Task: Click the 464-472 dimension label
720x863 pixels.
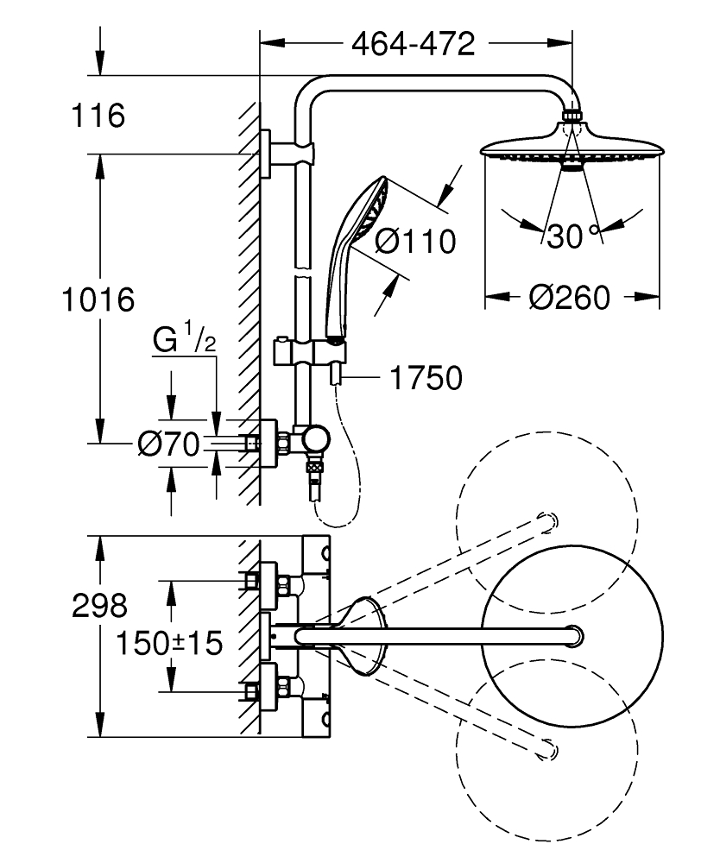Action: (413, 44)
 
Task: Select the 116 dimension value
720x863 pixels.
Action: (99, 116)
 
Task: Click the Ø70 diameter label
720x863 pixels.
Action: (168, 444)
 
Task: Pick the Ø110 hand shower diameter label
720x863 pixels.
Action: (415, 242)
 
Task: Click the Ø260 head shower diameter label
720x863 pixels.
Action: (569, 298)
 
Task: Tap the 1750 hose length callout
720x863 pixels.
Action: (426, 377)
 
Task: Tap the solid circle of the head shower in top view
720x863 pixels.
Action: (572, 636)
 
